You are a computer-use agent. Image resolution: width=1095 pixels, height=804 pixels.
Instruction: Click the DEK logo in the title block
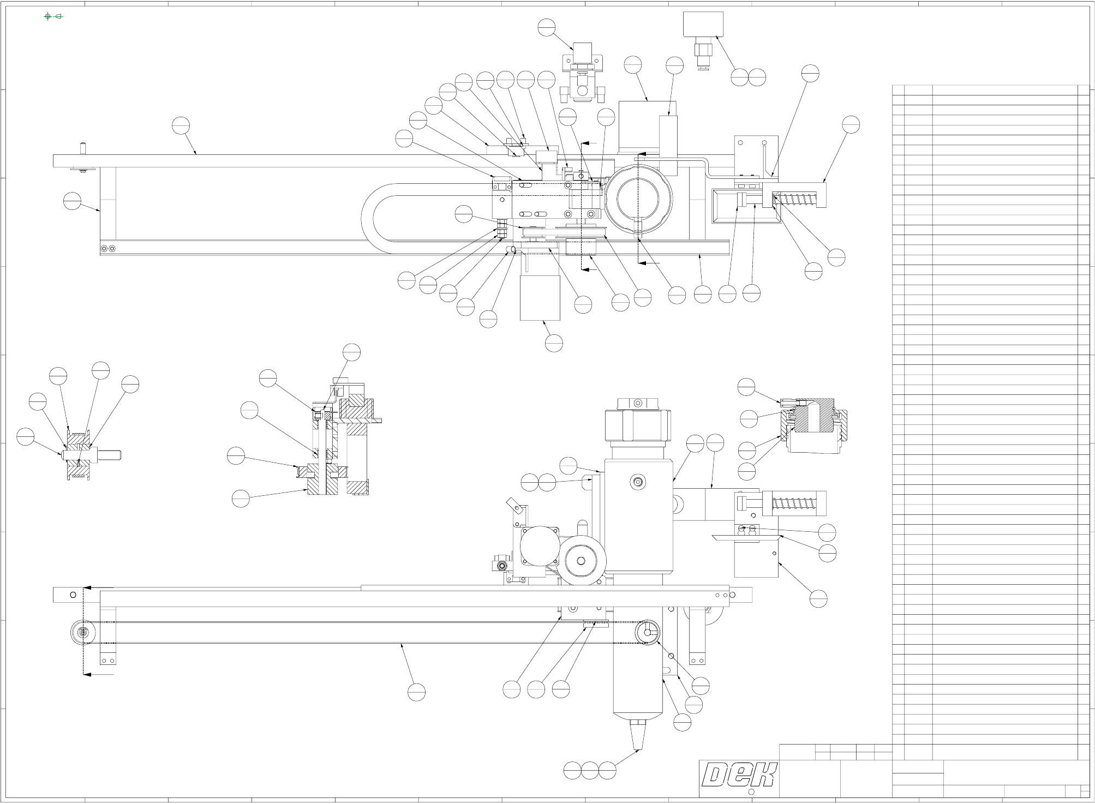(x=739, y=775)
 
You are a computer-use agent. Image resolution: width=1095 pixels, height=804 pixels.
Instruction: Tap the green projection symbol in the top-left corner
(x=53, y=16)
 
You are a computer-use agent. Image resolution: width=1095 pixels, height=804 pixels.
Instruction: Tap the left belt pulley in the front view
(x=83, y=633)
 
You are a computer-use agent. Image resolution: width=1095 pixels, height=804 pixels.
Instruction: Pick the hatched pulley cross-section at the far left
(x=78, y=455)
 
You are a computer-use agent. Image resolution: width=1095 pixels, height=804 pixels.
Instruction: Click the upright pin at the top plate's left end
(x=83, y=148)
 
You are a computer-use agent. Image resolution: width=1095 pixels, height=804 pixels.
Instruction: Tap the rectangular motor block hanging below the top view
(x=540, y=298)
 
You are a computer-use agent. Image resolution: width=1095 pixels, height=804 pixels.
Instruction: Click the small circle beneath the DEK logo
(x=751, y=792)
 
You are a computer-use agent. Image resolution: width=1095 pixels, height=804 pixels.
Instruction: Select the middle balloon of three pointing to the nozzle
(x=590, y=771)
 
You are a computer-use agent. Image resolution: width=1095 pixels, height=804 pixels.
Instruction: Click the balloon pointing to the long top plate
(x=181, y=125)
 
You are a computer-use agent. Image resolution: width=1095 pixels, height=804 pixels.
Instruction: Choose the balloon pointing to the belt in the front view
(x=416, y=692)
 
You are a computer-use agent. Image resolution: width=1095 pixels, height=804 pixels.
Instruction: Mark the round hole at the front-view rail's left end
(x=73, y=595)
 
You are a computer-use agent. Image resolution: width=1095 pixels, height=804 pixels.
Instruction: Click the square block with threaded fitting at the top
(x=703, y=25)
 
